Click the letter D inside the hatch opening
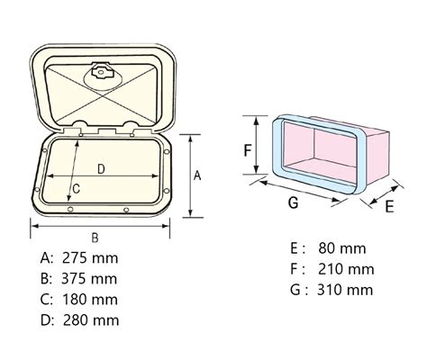click(x=101, y=168)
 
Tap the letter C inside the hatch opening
click(x=77, y=188)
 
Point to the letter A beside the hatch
click(x=197, y=176)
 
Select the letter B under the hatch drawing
click(x=95, y=236)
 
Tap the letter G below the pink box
click(x=293, y=202)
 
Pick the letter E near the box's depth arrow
click(x=389, y=206)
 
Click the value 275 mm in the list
click(x=91, y=258)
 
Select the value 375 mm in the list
click(x=91, y=278)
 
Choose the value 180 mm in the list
click(x=91, y=299)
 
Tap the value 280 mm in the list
click(x=91, y=319)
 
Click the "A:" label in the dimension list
click(x=48, y=258)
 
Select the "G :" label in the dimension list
click(x=298, y=289)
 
